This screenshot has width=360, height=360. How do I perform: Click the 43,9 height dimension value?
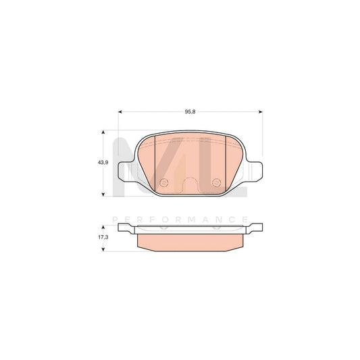click(94, 163)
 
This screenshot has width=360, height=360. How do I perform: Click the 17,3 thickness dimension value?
click(94, 237)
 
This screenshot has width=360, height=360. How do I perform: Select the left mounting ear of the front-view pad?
click(125, 172)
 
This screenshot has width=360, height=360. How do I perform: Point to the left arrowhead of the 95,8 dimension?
click(120, 112)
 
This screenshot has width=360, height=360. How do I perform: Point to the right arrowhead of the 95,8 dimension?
click(261, 112)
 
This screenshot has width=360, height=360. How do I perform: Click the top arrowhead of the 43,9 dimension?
click(103, 133)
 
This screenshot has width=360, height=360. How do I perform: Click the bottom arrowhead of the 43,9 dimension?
click(103, 193)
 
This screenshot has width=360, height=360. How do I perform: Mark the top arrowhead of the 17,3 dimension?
click(103, 226)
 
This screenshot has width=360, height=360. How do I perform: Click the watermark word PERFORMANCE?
click(181, 219)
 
